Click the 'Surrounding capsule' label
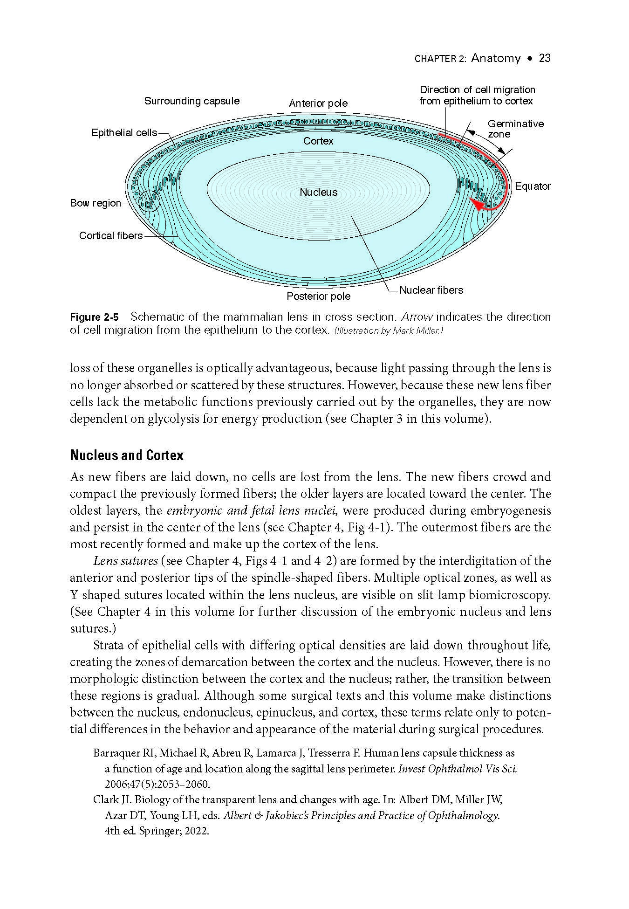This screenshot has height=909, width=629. pos(191,101)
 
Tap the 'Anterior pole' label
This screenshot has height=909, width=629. pos(318,103)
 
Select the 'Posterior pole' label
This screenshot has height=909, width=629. pos(318,296)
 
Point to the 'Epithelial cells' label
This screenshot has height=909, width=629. pos(124,133)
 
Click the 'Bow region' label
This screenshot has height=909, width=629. pos(95,203)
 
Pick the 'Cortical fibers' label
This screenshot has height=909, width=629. pos(111,236)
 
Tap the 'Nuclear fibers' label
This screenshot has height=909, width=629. pos(431,290)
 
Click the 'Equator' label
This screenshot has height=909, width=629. pos(533,186)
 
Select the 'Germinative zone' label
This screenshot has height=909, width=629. pos(515,129)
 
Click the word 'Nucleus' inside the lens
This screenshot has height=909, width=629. pos(318,193)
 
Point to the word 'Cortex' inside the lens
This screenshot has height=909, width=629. pos(318,141)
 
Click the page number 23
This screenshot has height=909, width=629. pos(544,58)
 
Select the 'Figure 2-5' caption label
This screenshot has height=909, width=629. pos(94,318)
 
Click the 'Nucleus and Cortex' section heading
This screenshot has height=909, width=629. pos(127,455)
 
